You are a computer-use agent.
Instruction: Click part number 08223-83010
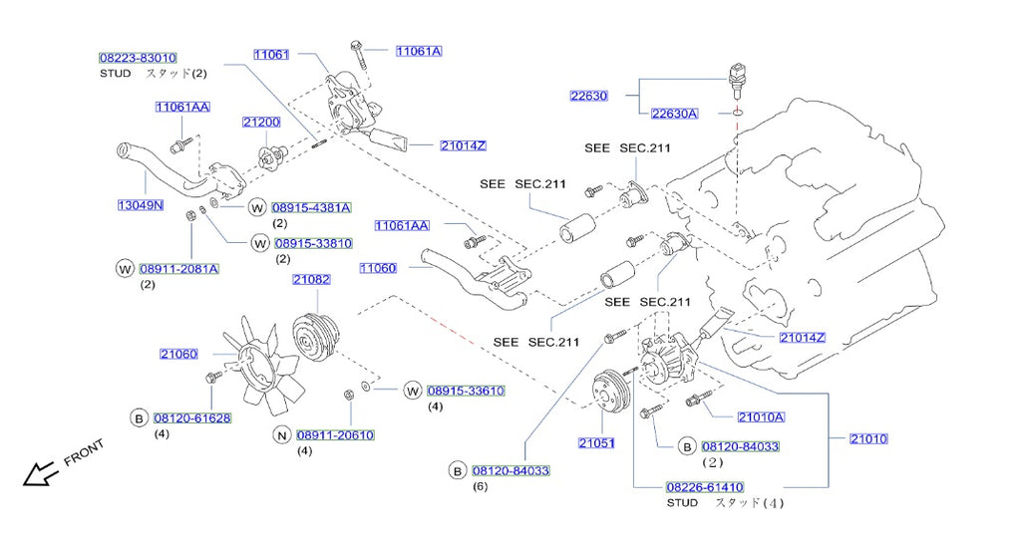tap(138, 58)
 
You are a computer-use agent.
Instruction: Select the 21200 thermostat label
tap(261, 123)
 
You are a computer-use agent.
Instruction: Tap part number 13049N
tap(140, 205)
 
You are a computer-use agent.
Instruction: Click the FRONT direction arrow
tap(40, 473)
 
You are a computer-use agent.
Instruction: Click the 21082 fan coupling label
tap(311, 279)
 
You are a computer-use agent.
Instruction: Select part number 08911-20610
tap(335, 434)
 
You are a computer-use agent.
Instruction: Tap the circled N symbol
tap(281, 434)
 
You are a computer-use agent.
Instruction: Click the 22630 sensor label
tap(588, 96)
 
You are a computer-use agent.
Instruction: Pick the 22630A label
tap(675, 114)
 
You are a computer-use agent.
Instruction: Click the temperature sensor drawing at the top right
tap(736, 82)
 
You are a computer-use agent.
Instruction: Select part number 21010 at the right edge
tap(868, 438)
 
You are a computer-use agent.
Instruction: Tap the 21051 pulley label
tap(596, 443)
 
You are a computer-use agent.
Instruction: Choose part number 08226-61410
tap(705, 487)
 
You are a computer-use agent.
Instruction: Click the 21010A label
tap(761, 417)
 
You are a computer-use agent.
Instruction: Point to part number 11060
tap(378, 267)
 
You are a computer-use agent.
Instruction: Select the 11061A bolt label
tap(419, 51)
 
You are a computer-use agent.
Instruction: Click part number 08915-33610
tap(466, 391)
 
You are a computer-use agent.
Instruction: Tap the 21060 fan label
tap(178, 354)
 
